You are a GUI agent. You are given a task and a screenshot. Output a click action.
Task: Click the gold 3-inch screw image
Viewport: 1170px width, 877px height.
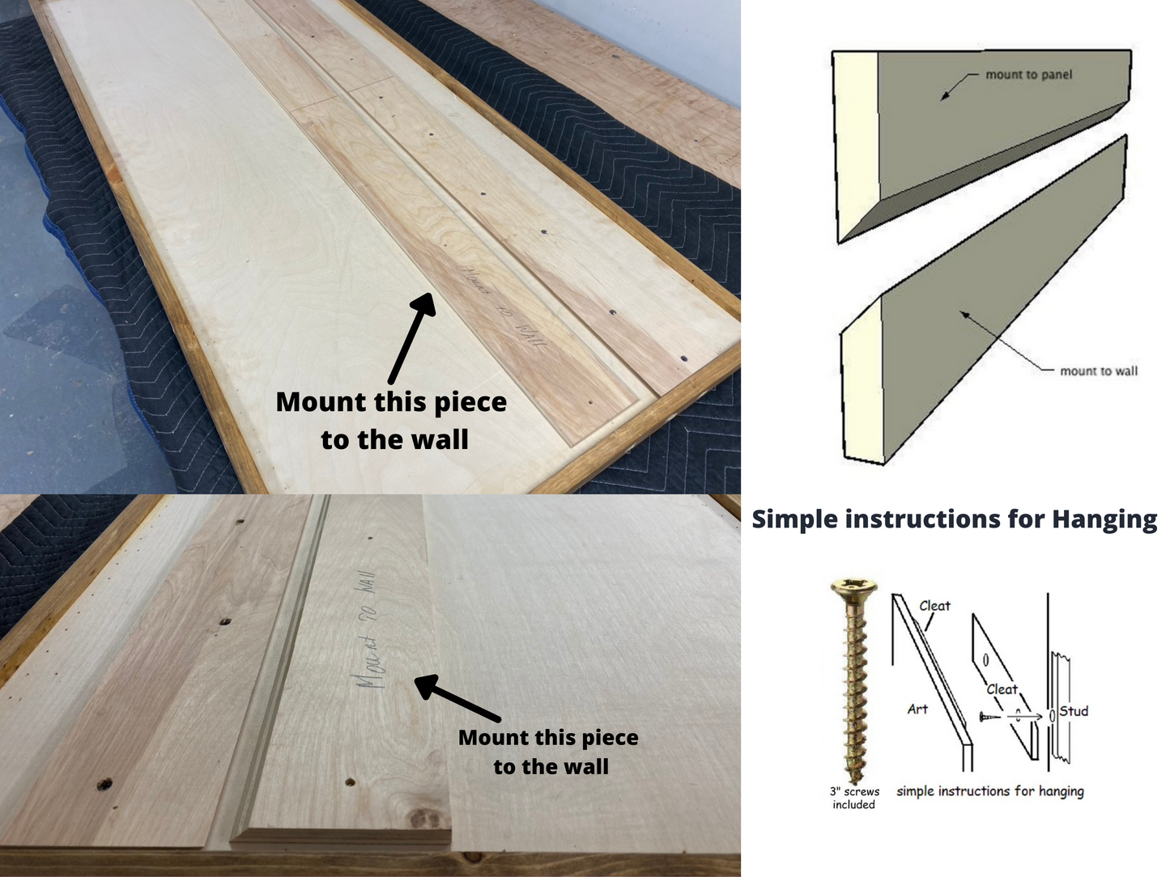point(853,680)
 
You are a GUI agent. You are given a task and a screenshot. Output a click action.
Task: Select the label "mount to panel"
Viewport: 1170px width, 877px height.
point(1028,74)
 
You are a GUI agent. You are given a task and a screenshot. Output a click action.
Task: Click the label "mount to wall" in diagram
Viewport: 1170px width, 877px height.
point(1098,371)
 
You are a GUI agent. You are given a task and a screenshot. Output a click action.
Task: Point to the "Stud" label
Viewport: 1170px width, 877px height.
point(1074,711)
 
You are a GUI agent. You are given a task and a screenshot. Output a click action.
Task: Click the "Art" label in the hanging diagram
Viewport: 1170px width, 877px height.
point(917,709)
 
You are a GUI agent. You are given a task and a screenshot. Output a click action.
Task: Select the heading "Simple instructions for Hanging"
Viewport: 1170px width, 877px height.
point(954,519)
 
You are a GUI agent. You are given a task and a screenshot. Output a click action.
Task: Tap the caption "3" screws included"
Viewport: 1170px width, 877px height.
point(854,798)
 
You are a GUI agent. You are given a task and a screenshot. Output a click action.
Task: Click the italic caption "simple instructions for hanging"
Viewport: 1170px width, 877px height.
point(989,791)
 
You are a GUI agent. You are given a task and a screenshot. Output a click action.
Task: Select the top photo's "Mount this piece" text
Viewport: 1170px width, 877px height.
point(391,402)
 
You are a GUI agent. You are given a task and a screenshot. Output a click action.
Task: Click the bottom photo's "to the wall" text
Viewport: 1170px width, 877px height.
point(551,766)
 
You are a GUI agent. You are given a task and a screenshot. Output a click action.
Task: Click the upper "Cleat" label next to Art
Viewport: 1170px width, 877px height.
point(934,605)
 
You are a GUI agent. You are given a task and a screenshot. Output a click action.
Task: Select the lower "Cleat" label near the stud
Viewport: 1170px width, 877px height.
point(1002,689)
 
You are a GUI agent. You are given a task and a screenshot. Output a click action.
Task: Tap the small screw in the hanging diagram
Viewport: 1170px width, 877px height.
point(989,717)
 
